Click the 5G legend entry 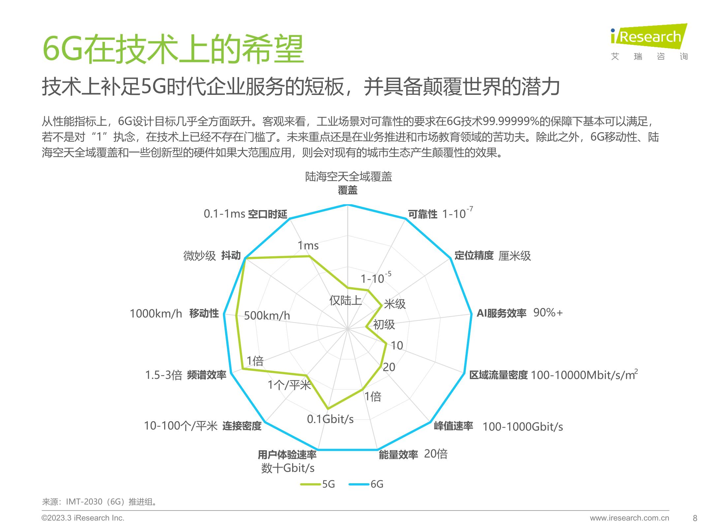[318, 484]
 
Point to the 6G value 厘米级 [514, 256]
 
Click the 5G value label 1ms [308, 245]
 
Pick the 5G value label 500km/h [267, 316]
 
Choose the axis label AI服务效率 [501, 313]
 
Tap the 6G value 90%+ [548, 312]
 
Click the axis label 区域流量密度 [498, 375]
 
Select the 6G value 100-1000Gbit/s [523, 427]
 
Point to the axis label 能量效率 [398, 455]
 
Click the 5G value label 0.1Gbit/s [330, 419]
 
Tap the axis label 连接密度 [242, 426]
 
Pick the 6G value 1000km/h [156, 313]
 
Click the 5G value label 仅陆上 [345, 300]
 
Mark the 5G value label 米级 [395, 304]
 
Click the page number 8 [695, 518]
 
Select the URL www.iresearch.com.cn [629, 518]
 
